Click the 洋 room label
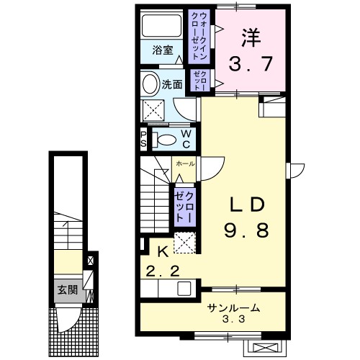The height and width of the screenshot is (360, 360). pos(251,38)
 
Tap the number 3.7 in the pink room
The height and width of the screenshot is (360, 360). pos(251,63)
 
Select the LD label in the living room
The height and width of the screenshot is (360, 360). pos(247,204)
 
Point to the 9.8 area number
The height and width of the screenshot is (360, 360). pos(246,230)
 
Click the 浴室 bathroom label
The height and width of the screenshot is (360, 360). pos(163,50)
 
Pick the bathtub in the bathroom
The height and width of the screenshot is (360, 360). pos(161,26)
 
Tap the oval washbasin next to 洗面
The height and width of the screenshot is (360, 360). pos(151,84)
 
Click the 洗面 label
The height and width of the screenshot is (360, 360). pos(172,84)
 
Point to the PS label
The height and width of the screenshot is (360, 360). pos(143,139)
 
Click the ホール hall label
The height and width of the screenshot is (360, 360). pos(185,164)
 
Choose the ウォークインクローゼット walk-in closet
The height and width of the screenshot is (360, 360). pos(199,36)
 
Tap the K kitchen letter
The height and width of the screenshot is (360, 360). pos(163,252)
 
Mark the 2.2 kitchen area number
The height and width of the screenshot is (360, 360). pos(163,271)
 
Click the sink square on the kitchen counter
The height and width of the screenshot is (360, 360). pos(184,289)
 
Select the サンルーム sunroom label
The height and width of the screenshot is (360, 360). pos(233,308)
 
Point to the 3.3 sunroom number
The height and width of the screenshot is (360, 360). pos(233,319)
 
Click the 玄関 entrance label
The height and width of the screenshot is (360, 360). pos(68,290)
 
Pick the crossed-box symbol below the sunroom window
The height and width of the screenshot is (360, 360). pos(265,348)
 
